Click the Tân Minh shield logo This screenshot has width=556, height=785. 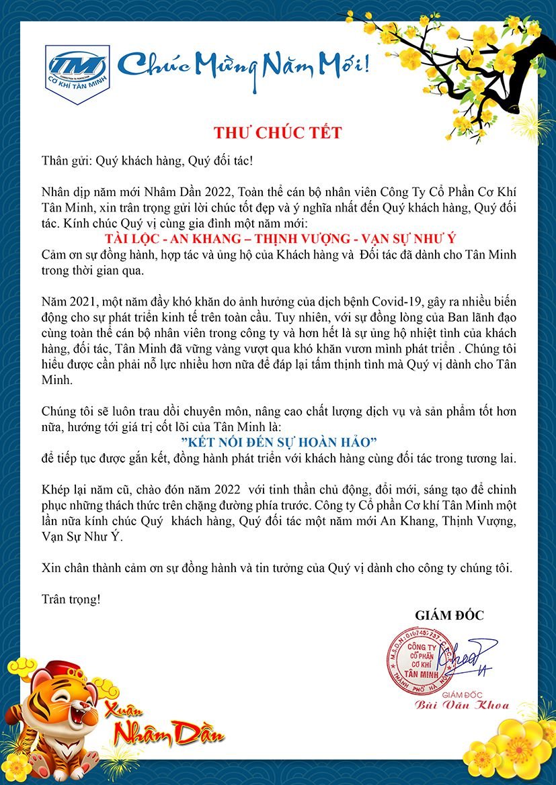77,73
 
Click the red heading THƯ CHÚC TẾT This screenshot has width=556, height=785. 278,132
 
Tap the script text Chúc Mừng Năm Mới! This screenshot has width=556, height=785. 243,66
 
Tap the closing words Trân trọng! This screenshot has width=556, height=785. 71,598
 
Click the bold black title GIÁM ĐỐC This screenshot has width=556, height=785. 449,615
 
